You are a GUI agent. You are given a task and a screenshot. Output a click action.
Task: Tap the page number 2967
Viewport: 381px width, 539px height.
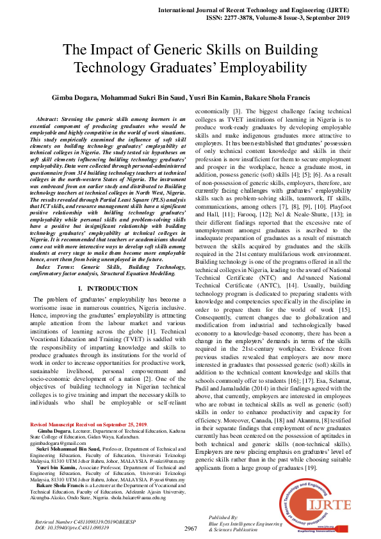pyautogui.click(x=190, y=529)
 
